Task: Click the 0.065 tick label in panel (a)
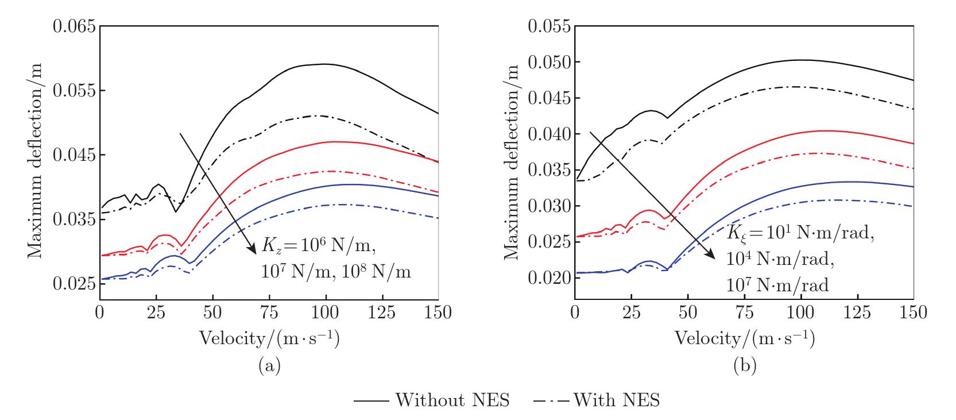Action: point(74,26)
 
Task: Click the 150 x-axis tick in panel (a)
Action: point(439,313)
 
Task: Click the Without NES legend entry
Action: point(432,400)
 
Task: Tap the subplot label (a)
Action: point(270,365)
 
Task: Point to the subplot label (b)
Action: point(745,365)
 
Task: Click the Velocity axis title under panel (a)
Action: point(269,339)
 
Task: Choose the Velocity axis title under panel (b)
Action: point(745,339)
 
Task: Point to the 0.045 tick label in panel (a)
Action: point(74,155)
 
